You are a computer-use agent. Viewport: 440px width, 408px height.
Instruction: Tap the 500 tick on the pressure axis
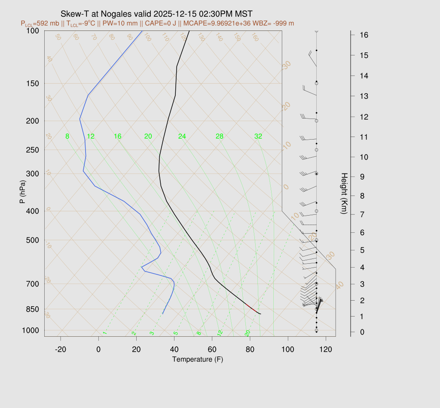click(x=33, y=240)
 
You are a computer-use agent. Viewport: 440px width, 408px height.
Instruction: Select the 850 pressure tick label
click(x=33, y=309)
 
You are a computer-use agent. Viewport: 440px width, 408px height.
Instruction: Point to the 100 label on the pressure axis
click(x=33, y=31)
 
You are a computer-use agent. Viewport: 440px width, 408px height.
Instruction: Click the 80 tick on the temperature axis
click(x=250, y=350)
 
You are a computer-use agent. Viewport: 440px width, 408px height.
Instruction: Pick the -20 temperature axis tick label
click(x=61, y=350)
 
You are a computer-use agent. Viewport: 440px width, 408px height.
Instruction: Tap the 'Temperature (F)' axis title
click(x=198, y=359)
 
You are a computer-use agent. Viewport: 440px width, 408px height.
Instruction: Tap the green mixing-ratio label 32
click(x=258, y=137)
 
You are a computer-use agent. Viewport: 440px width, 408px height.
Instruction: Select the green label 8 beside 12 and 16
click(x=67, y=137)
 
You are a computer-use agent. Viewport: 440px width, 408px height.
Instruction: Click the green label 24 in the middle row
click(x=182, y=137)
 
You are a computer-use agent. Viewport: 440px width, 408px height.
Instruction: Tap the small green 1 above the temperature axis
click(x=104, y=333)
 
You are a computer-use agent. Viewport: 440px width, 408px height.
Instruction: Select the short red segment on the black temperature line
click(x=252, y=308)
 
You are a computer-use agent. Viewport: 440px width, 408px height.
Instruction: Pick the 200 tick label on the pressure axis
click(x=33, y=121)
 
